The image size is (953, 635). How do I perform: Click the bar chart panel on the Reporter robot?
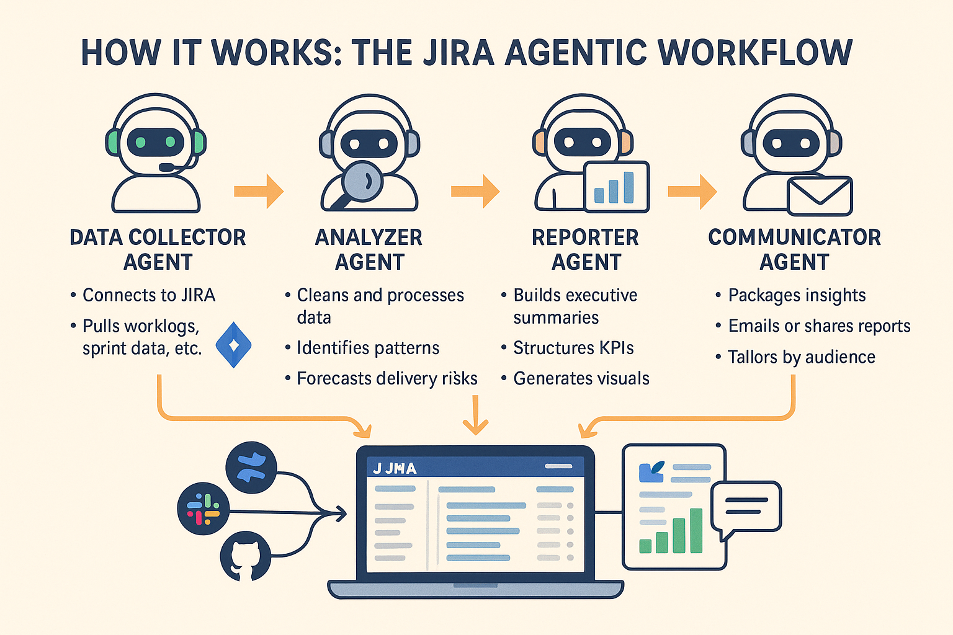pos(616,186)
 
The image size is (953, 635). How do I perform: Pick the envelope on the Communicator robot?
pos(819,196)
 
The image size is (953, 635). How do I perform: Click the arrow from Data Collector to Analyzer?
pos(259,190)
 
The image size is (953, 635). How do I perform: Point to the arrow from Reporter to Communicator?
pos(692,191)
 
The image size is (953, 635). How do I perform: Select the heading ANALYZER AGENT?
pos(369,249)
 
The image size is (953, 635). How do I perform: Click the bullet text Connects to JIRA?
pos(149,295)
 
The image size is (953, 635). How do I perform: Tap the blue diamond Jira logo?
pos(233,345)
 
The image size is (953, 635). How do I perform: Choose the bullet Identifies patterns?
pos(368,348)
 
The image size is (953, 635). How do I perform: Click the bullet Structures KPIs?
pos(573,348)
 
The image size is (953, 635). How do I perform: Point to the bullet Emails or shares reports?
pos(819,326)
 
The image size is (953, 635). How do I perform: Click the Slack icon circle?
pos(203,508)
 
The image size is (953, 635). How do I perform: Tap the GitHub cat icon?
pos(245,557)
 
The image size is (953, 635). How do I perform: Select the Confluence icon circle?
pos(251,468)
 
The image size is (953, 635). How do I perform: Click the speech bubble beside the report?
pos(746,506)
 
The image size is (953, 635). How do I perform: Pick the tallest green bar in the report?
pos(696,530)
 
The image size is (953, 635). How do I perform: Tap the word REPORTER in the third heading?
pos(585,238)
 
